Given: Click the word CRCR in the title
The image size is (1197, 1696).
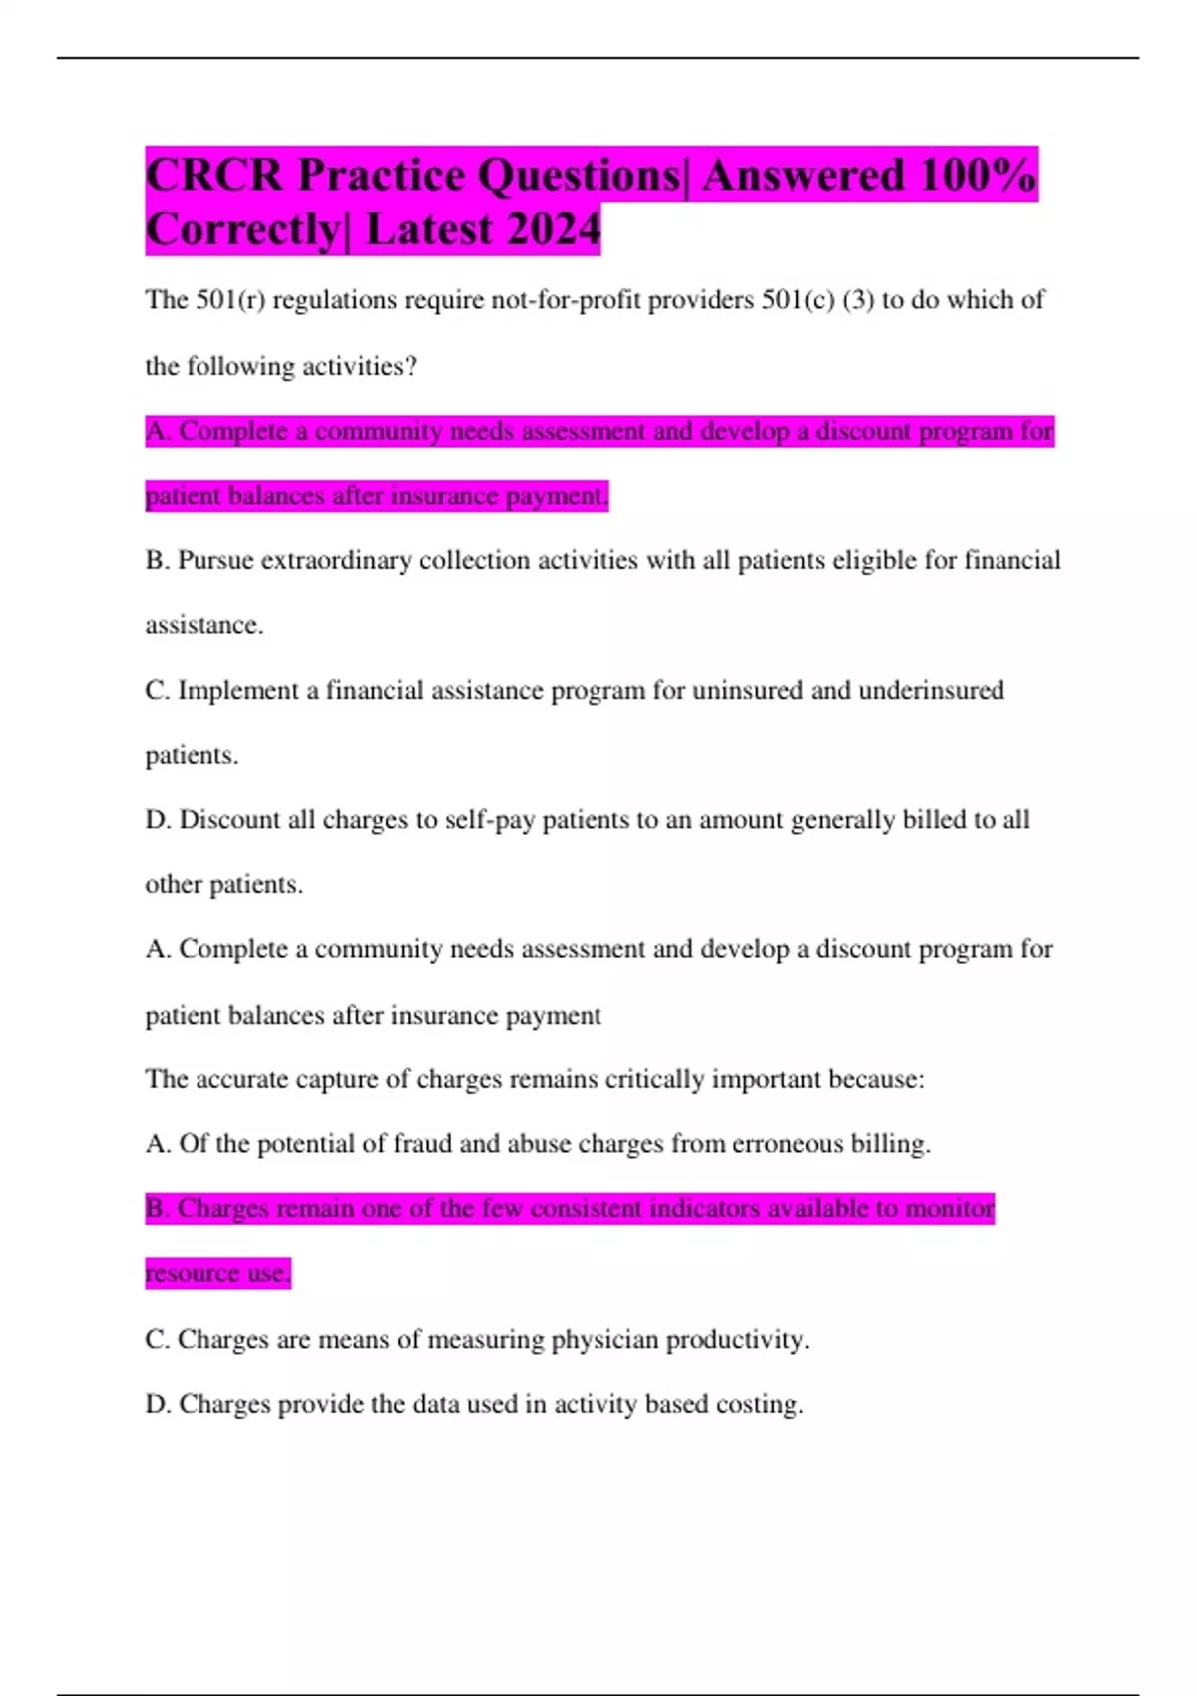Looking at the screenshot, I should coord(214,176).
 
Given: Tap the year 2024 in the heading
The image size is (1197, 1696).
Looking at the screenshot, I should coord(554,229).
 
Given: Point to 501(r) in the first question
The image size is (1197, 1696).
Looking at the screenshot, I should coord(230,300).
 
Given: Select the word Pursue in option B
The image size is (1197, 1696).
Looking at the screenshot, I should coord(215,561).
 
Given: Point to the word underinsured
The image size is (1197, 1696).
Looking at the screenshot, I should coord(931,690).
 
